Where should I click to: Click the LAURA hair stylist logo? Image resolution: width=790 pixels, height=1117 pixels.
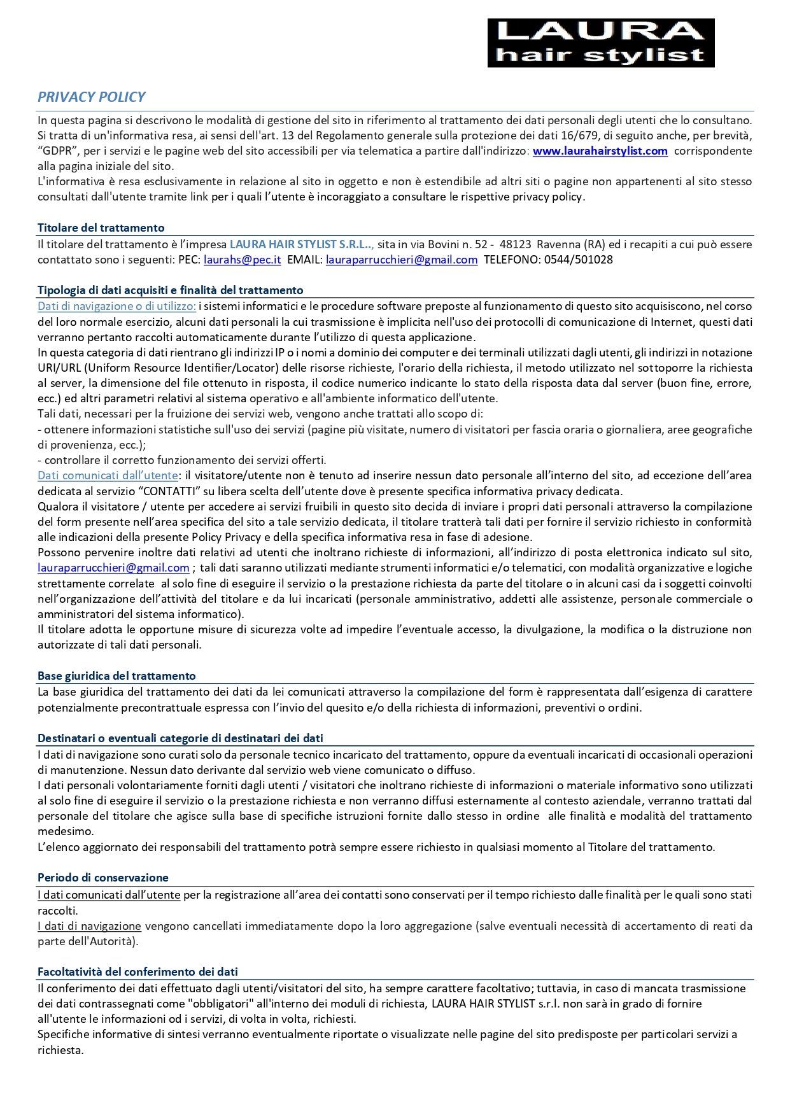pyautogui.click(x=600, y=43)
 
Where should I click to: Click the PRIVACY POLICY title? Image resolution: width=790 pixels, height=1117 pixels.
pyautogui.click(x=91, y=97)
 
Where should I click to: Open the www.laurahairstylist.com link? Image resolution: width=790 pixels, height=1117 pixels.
pyautogui.click(x=600, y=151)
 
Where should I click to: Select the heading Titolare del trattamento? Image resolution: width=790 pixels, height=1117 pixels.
pyautogui.click(x=101, y=228)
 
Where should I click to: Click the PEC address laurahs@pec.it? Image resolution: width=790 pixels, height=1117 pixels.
pyautogui.click(x=242, y=260)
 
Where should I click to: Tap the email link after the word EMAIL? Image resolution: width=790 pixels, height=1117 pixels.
pyautogui.click(x=401, y=260)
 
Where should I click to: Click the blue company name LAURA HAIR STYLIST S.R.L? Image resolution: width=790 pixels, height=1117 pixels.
pyautogui.click(x=300, y=244)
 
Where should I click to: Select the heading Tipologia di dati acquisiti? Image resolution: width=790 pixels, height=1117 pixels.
pyautogui.click(x=170, y=290)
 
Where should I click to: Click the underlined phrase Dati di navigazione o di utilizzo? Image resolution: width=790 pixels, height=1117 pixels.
pyautogui.click(x=116, y=306)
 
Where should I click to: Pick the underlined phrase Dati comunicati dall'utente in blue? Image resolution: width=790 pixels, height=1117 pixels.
pyautogui.click(x=107, y=475)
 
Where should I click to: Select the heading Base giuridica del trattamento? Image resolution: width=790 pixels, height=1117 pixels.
pyautogui.click(x=116, y=676)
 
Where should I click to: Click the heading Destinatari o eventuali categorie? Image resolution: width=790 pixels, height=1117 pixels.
pyautogui.click(x=180, y=738)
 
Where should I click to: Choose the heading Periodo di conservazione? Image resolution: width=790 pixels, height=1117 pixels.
pyautogui.click(x=102, y=878)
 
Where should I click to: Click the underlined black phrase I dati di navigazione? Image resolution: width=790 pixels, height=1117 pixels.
pyautogui.click(x=89, y=926)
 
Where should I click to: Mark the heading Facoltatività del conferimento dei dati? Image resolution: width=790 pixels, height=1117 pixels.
pyautogui.click(x=138, y=972)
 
